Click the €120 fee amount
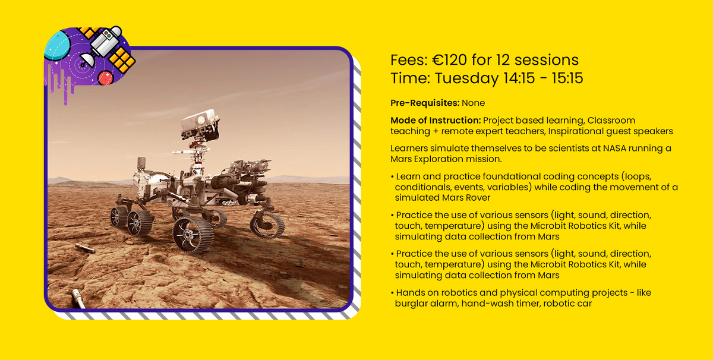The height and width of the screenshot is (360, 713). point(449,60)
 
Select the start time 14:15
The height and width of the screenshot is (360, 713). point(519,78)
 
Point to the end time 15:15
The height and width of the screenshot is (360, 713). point(567,78)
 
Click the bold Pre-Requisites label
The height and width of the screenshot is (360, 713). point(425,103)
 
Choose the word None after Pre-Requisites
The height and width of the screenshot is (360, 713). point(474,103)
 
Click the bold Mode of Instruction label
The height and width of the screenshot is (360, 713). point(436,121)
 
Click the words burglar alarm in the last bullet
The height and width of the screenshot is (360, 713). point(427,304)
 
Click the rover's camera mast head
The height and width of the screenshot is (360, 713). point(200,124)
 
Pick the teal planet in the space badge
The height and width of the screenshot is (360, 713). point(56,46)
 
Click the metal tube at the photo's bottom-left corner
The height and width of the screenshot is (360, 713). point(78,299)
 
